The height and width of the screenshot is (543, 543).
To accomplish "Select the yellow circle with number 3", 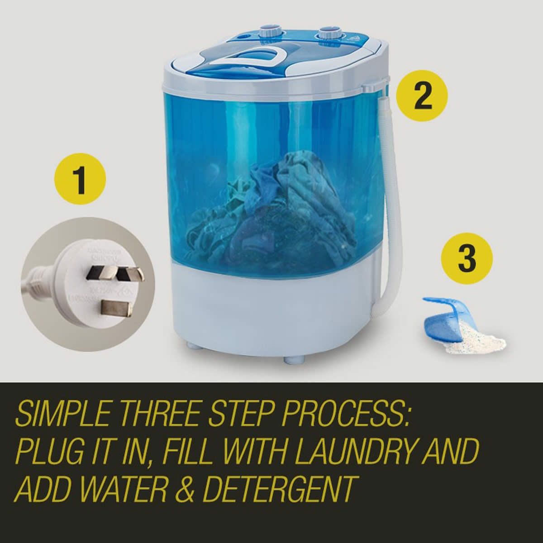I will coord(467,259).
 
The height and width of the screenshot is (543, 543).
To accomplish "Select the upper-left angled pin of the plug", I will coord(96,271).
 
